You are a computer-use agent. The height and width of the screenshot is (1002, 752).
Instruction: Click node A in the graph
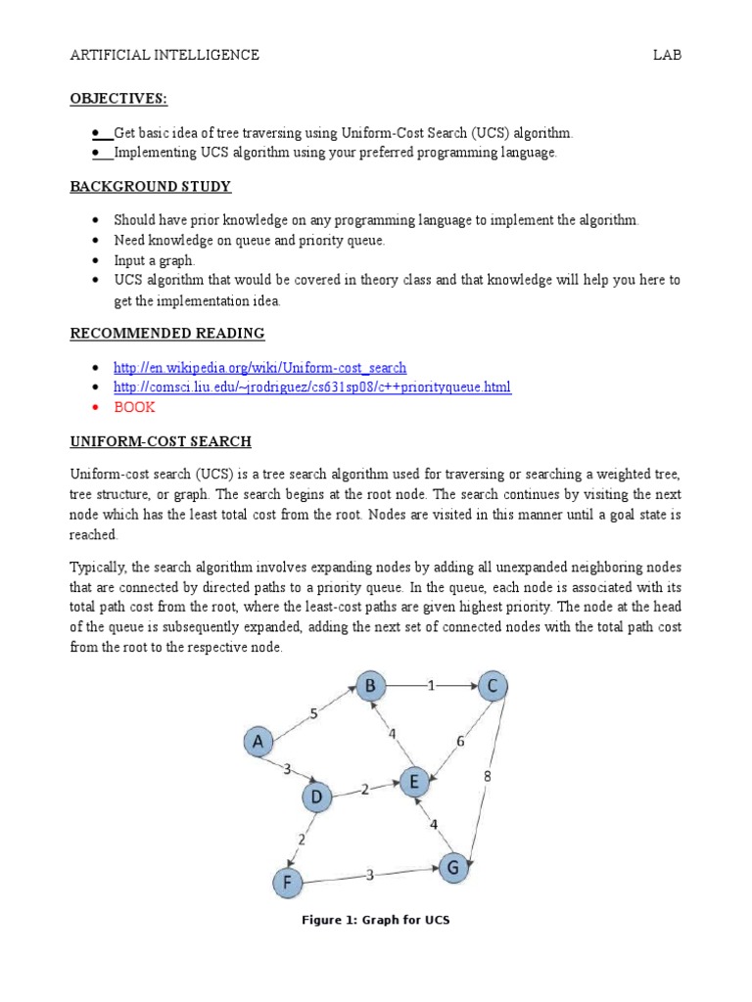(x=258, y=743)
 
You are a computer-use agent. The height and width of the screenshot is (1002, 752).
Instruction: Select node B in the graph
(x=370, y=687)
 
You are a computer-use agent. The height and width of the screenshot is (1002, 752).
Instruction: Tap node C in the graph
(x=493, y=687)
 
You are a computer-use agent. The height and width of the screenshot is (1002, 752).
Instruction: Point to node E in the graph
(x=412, y=782)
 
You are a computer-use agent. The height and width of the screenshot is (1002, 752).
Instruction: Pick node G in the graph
(x=452, y=867)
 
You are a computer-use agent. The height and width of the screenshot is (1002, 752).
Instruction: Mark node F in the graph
(x=287, y=884)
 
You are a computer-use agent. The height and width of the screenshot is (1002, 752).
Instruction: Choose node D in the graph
(x=316, y=797)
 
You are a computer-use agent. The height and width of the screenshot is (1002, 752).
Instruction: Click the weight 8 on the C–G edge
(x=488, y=776)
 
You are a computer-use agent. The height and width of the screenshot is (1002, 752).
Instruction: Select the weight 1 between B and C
(x=431, y=687)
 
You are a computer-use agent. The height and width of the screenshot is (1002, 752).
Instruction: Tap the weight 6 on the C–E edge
(x=459, y=743)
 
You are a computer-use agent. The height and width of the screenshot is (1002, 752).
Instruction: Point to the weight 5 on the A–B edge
(x=313, y=714)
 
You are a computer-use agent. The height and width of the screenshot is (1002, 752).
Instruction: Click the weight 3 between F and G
(x=369, y=875)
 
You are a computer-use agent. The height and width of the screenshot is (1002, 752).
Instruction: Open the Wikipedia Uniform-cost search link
(x=259, y=368)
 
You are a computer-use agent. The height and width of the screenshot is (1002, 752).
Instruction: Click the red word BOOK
(x=134, y=407)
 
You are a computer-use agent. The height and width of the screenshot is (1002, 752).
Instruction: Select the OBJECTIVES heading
(x=118, y=99)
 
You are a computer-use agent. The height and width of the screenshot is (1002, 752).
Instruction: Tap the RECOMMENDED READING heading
(x=167, y=334)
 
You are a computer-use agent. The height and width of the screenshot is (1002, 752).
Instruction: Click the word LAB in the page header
(x=667, y=56)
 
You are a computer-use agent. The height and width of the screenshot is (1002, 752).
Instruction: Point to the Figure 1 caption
(x=376, y=921)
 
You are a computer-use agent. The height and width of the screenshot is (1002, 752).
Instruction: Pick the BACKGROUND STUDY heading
(x=151, y=187)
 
